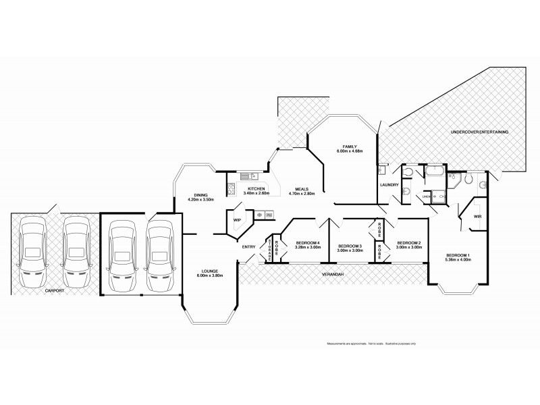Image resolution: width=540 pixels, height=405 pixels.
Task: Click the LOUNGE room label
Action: pos(209,271)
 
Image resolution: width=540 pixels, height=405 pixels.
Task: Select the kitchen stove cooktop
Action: pos(231,189)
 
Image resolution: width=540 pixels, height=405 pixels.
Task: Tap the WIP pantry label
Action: pos(237,220)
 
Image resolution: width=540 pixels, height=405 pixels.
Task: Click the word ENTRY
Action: pos(248,246)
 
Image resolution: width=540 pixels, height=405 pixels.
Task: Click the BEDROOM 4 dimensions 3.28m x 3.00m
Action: pos(307,248)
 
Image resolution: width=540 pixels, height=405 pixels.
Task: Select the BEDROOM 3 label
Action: pos(350,245)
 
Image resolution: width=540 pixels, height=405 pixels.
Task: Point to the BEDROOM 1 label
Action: pos(456,255)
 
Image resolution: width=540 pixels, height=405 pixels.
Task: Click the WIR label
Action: pos(477,216)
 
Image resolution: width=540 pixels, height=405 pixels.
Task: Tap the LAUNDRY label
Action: pos(389,184)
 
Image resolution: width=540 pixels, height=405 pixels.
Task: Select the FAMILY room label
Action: pos(349,146)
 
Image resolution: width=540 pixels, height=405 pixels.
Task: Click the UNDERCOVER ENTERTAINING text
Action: pos(480,132)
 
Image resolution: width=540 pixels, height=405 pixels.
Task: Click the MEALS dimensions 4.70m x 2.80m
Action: pos(298,194)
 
